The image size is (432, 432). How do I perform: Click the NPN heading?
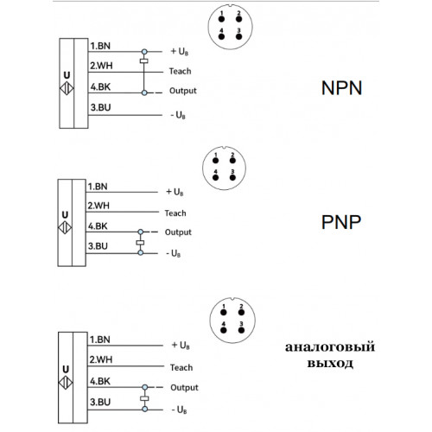click(x=341, y=88)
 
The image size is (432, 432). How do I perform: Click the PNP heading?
click(x=341, y=222)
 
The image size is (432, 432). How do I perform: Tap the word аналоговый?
click(x=330, y=347)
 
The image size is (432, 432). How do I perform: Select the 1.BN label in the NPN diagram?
click(x=100, y=46)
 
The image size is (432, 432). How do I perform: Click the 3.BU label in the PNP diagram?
click(x=98, y=246)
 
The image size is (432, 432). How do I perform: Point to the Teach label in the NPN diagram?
click(x=180, y=71)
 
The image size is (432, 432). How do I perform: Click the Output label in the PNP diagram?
click(x=178, y=232)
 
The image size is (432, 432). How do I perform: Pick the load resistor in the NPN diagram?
click(x=144, y=60)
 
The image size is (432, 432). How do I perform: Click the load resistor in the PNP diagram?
click(x=140, y=243)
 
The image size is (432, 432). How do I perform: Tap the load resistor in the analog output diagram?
click(x=144, y=398)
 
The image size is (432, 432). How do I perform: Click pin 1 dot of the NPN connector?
click(x=221, y=19)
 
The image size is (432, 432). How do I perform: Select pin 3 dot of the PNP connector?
click(x=232, y=177)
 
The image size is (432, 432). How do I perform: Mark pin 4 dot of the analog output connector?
click(x=223, y=330)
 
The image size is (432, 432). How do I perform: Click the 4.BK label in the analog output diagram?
click(x=100, y=381)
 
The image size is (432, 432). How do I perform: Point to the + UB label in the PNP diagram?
click(x=175, y=192)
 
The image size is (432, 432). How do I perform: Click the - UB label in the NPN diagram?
click(x=178, y=115)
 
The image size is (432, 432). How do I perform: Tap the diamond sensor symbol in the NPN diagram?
click(x=67, y=88)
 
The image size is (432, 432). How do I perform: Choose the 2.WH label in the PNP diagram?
click(x=98, y=206)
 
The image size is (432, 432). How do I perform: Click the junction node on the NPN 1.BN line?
click(x=144, y=52)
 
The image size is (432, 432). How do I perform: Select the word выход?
click(x=330, y=363)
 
